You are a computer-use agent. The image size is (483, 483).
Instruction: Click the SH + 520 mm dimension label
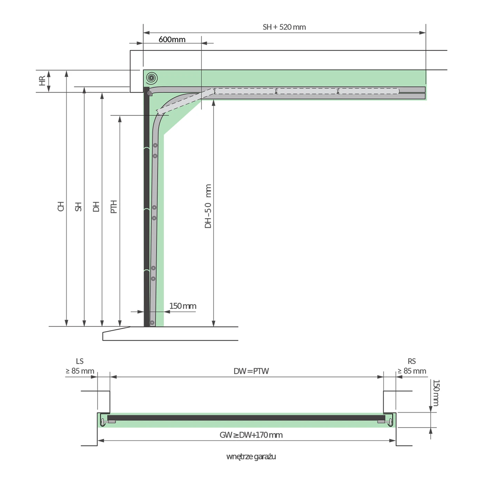(284, 27)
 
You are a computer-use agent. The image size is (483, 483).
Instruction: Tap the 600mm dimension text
(172, 39)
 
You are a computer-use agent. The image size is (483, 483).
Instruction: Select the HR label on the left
(42, 81)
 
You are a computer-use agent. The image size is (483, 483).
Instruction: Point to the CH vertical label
(61, 206)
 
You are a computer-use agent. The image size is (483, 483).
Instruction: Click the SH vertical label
(78, 207)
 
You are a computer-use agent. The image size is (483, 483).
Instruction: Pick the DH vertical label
(96, 207)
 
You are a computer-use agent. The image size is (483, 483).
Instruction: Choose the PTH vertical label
(114, 207)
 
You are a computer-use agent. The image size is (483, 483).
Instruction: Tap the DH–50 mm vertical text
(208, 206)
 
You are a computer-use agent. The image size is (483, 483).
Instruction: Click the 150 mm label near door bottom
(183, 306)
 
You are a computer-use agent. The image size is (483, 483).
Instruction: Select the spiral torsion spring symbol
(152, 78)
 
